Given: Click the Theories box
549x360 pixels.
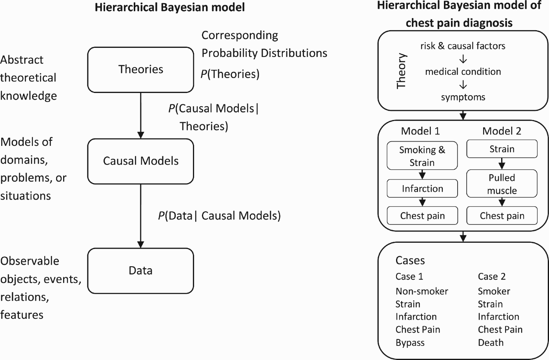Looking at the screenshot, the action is [x=141, y=70].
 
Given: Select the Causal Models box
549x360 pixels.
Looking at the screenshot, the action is [x=141, y=161].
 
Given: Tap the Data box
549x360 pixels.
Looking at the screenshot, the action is [x=141, y=271].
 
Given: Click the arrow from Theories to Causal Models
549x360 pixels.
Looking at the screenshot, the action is [x=141, y=116].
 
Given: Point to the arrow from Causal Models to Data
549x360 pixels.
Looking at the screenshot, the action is [x=141, y=216].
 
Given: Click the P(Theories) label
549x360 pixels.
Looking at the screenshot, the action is [x=230, y=74].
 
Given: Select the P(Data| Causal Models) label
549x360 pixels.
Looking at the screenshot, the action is [x=219, y=216].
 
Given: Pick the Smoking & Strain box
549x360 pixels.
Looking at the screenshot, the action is [x=422, y=156].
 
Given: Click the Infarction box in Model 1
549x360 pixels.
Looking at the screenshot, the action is [x=422, y=189].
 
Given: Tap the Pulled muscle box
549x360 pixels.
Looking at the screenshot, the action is [x=502, y=184].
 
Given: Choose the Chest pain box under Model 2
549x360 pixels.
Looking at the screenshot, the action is [x=502, y=216].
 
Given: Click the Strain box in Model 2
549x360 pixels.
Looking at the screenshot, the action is [x=502, y=149].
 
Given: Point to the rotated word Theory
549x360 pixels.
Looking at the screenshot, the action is [x=402, y=71].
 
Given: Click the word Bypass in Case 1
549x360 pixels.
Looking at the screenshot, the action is [x=410, y=343].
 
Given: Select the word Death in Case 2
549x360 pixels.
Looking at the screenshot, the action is [x=491, y=342].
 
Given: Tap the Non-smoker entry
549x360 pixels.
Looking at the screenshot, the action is [x=422, y=291].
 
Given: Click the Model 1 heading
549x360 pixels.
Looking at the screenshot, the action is [x=420, y=131].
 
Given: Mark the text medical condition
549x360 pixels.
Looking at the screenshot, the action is [x=463, y=71].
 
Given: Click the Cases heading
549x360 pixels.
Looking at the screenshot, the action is [x=410, y=260].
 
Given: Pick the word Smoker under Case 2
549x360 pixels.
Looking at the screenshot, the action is [x=494, y=291].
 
